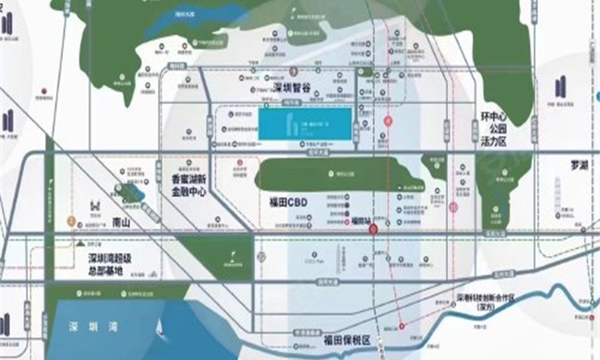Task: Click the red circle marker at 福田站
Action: pos(373,229)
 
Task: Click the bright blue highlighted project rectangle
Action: pos(305,124)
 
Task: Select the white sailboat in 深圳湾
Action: pos(159,326)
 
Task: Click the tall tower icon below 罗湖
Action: pos(558,192)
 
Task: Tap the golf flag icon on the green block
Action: pos(233,258)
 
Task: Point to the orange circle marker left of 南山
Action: pos(71,219)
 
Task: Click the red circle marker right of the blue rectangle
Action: pos(388,121)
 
